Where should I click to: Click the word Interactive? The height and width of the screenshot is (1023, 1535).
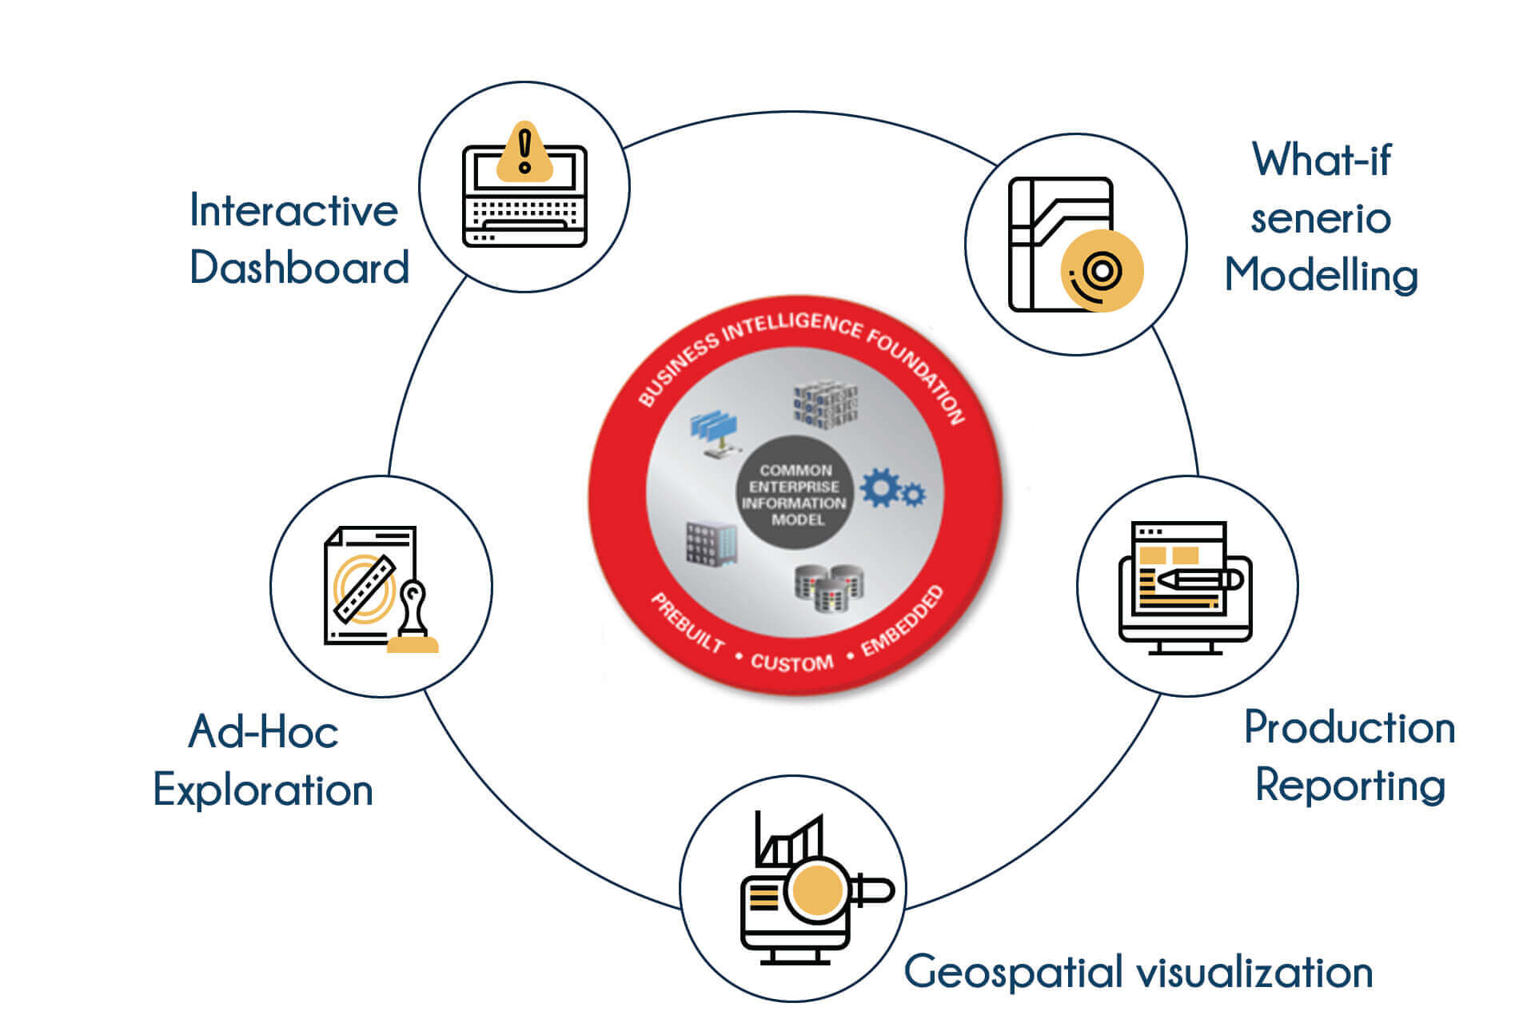coord(293,211)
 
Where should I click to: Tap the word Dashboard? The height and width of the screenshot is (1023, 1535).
coord(299,268)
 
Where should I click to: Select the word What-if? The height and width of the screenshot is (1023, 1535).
coord(1322,160)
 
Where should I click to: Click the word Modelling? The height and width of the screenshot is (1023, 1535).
coord(1322,276)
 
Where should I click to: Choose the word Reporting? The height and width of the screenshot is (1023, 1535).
coord(1350,786)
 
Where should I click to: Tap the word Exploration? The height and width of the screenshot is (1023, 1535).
coord(263,790)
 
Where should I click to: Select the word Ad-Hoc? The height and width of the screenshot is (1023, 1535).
coord(263,732)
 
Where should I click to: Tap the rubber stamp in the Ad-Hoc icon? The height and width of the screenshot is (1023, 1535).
coord(413,619)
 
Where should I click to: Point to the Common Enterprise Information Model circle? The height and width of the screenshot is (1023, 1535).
coord(795,494)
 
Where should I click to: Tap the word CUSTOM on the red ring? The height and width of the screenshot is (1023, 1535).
coord(791,663)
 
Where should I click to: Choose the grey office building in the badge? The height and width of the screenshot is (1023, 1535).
coord(710,543)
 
